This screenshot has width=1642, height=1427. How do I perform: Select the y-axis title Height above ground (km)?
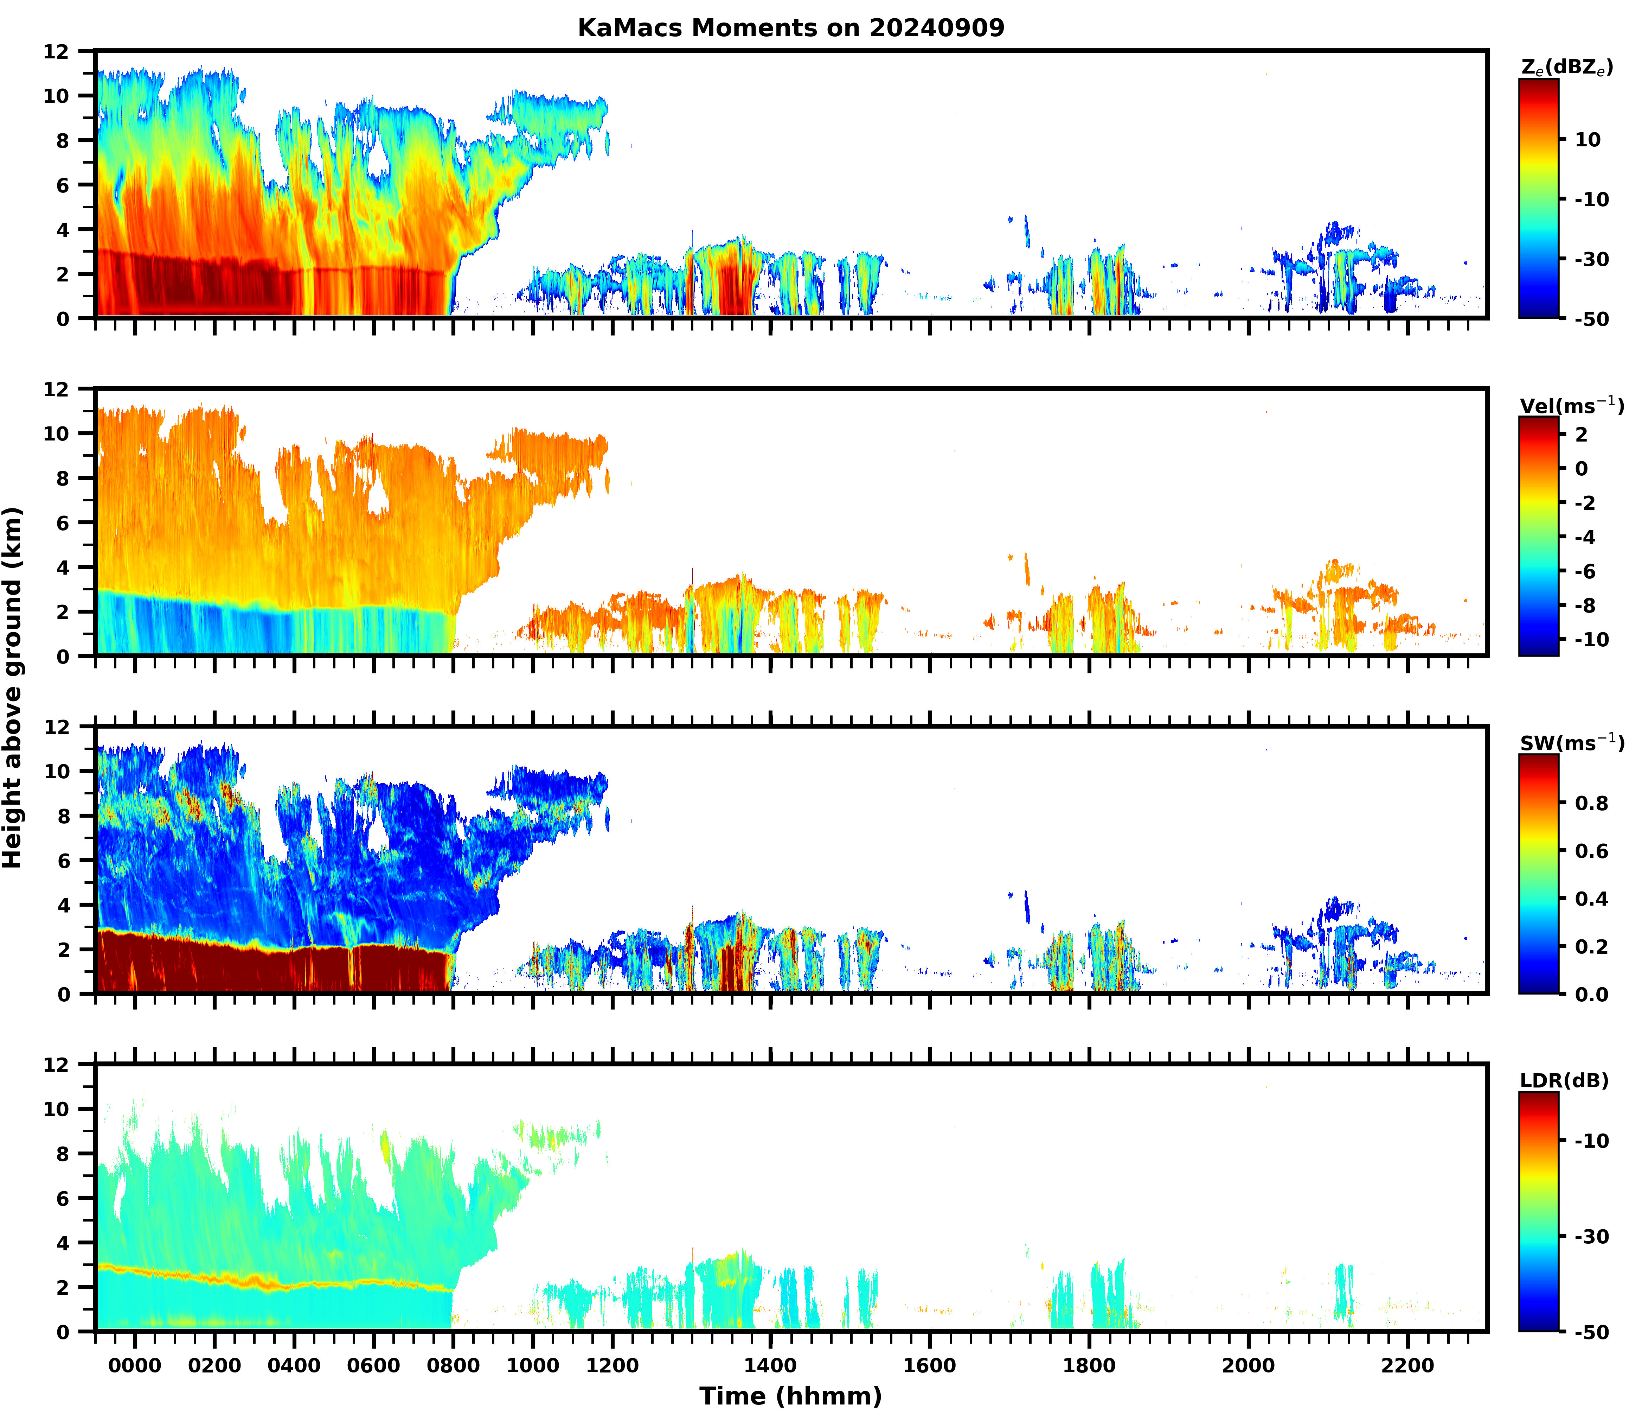tap(13, 686)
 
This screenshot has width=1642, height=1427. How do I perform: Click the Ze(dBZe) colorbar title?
tap(1566, 68)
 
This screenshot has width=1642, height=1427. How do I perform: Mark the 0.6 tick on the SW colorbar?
tap(1591, 851)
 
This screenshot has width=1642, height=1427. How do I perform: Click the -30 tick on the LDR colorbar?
tap(1591, 1237)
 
